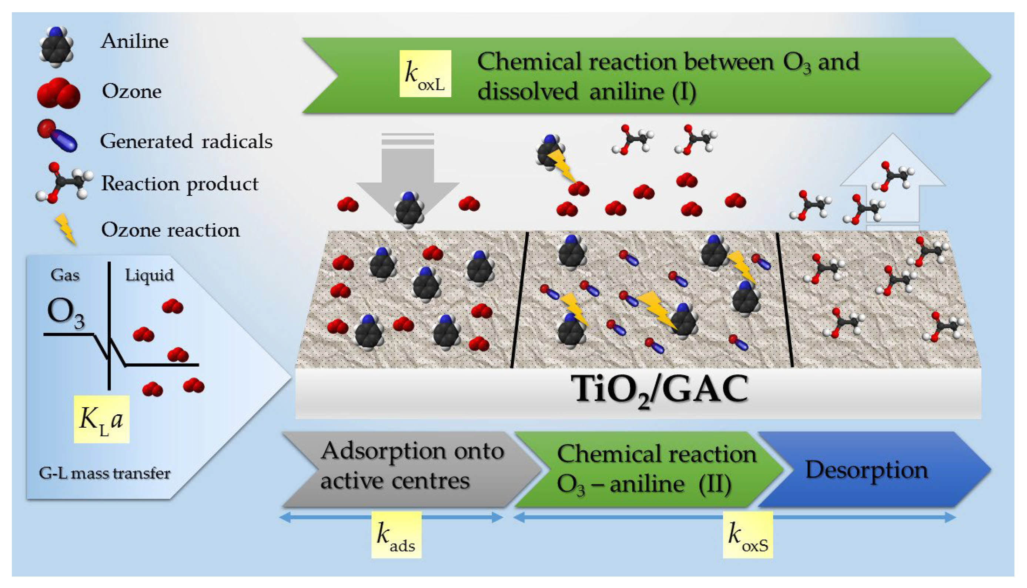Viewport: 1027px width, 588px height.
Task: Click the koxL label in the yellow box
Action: (x=425, y=74)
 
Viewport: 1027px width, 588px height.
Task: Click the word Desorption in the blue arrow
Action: (x=866, y=470)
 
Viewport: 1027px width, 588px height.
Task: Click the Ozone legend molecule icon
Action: (x=58, y=93)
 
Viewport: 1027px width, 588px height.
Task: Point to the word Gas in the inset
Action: (x=64, y=275)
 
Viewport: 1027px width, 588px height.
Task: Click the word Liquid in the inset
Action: (x=149, y=275)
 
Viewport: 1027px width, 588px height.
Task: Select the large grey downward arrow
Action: (x=408, y=170)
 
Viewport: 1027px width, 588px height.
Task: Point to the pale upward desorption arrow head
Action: (x=892, y=161)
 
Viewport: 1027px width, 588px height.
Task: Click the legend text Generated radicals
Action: (x=186, y=141)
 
